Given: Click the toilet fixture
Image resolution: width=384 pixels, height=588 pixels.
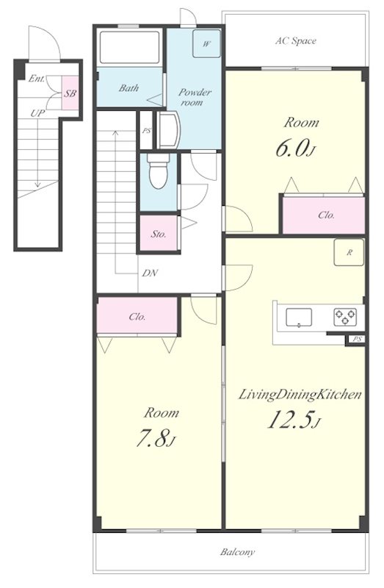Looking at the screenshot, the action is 159,171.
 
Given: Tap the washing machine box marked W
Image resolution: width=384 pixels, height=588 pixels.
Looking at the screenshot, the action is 206,43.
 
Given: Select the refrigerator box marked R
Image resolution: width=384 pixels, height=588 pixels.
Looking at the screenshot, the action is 349,252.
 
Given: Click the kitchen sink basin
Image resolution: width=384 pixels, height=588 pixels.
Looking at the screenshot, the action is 299,318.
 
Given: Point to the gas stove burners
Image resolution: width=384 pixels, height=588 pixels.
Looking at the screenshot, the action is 345,317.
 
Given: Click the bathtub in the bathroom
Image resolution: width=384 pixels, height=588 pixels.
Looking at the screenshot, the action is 130,48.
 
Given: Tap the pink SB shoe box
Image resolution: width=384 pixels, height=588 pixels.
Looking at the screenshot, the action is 70,93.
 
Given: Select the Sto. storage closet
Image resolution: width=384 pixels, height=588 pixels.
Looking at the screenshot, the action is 159,233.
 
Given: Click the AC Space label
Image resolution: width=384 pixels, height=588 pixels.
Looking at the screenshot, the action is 296,40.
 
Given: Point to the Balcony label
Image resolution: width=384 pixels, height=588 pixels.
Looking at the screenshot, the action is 237,552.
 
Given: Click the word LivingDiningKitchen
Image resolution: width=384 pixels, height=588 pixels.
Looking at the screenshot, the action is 300,395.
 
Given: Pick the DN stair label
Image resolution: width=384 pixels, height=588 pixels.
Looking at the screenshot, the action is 150,273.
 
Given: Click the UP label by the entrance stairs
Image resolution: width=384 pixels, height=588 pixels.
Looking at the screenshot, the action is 37,113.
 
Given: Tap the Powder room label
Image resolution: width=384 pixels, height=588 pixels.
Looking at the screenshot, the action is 195,97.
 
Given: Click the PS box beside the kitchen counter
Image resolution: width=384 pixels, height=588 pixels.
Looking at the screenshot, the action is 357,339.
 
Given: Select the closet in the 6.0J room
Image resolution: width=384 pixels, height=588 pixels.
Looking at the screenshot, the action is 324,215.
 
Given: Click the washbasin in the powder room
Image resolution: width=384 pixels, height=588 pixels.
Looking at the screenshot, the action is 168,130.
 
